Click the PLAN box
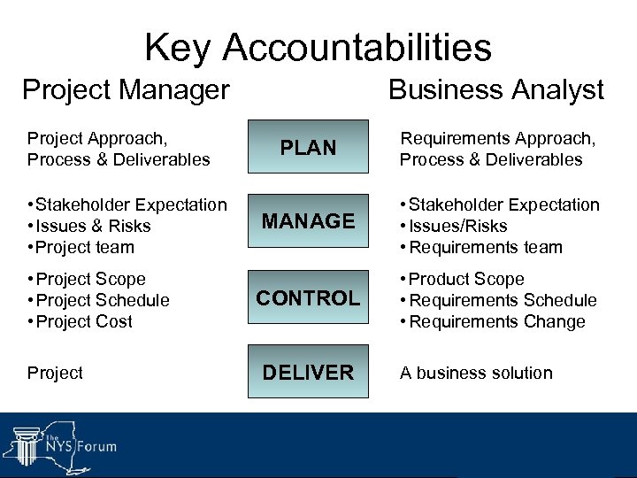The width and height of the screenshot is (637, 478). click(x=308, y=146)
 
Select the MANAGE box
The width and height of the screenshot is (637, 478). click(x=308, y=220)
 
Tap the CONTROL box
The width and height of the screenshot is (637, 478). click(x=308, y=297)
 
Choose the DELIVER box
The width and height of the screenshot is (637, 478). click(x=308, y=372)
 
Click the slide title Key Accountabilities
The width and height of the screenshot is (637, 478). click(x=318, y=47)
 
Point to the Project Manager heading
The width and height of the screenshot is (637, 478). click(x=126, y=89)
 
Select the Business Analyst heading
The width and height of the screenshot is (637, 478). click(x=496, y=89)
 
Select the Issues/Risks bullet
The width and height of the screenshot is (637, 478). click(x=458, y=226)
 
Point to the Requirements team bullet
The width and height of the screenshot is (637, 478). click(x=486, y=247)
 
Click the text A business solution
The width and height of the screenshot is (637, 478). click(x=476, y=373)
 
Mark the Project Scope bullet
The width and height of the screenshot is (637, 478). click(x=90, y=279)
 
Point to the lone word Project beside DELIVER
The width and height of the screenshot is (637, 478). click(x=55, y=373)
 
